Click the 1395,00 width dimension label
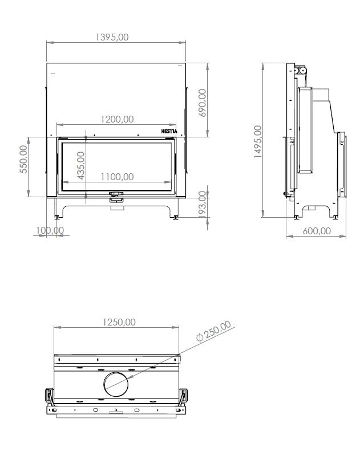[112, 37]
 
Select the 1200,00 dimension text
[117, 119]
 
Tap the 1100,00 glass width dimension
[117, 177]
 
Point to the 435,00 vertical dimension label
[80, 165]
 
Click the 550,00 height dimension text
[23, 159]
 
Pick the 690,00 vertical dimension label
[203, 103]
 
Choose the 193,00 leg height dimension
[203, 204]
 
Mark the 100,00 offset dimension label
[50, 230]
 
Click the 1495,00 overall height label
[258, 141]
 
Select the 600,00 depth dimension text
[317, 231]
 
